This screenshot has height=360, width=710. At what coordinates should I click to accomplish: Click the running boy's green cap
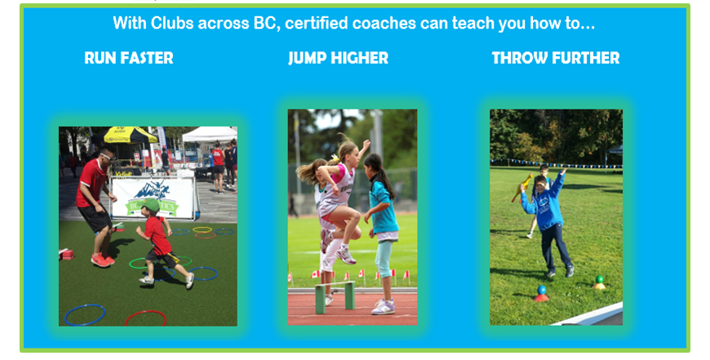click(150, 206)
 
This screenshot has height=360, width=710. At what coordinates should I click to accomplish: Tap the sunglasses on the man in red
click(108, 157)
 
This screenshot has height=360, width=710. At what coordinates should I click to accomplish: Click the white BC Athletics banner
click(154, 198)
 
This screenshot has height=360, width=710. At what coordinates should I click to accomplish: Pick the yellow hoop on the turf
click(202, 229)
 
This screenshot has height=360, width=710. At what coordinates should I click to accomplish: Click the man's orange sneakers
click(102, 260)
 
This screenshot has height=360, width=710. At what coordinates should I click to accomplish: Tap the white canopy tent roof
click(210, 135)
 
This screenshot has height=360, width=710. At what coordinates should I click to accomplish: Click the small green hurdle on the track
click(335, 296)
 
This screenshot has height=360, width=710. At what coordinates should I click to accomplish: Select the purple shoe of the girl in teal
click(383, 307)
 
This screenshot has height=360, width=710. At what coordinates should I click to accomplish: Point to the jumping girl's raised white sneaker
click(346, 256)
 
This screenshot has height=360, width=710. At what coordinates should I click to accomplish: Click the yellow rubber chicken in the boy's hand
click(522, 187)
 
